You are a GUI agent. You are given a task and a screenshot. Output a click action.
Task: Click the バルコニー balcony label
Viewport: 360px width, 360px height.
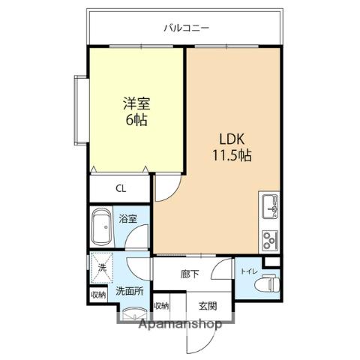point(186,28)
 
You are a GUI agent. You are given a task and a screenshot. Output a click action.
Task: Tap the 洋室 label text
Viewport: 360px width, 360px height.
point(136,104)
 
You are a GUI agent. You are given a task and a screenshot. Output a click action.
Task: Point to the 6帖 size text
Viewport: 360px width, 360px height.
point(136,120)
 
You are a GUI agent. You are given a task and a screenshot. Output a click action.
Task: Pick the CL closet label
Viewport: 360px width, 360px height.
point(121,189)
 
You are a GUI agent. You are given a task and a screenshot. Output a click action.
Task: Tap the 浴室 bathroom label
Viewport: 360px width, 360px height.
point(128,219)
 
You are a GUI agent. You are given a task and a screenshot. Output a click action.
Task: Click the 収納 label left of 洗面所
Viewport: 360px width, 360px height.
point(98,295)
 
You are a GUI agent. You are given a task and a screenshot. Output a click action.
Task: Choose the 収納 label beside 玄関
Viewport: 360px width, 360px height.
point(160,306)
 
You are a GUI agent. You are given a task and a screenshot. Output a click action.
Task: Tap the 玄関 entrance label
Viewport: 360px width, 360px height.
point(208,306)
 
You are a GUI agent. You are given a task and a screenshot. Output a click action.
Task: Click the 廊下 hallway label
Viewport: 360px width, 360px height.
point(190,274)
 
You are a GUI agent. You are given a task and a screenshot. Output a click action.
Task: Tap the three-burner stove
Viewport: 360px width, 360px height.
point(268,240)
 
